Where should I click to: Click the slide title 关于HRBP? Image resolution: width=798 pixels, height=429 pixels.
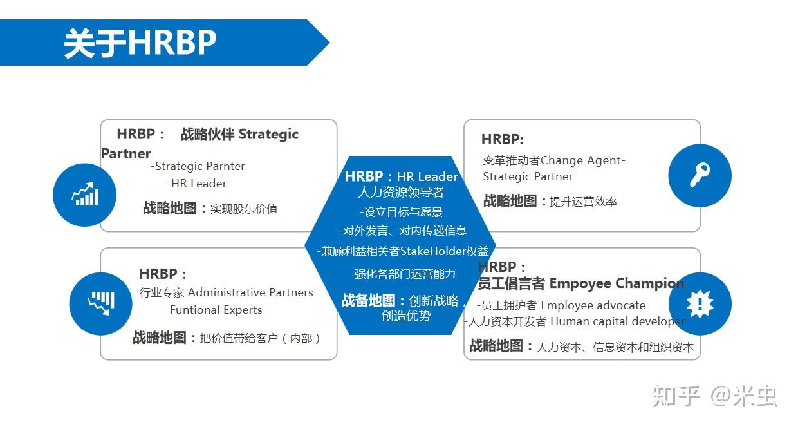coord(140,43)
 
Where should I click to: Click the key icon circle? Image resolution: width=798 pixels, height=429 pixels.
coord(700,175)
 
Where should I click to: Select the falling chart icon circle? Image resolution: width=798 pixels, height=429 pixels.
coord(100,303)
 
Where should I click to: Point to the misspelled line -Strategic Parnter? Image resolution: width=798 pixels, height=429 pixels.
coord(198,166)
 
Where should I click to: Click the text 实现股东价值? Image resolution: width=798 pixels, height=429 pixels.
coord(244,209)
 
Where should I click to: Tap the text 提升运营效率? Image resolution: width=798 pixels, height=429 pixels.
coord(583,202)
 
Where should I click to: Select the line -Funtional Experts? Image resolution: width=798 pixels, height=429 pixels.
coord(214,310)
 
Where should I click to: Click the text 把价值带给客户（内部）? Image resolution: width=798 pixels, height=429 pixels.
coord(260,338)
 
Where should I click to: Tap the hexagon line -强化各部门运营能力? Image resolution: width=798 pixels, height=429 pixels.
coord(403,274)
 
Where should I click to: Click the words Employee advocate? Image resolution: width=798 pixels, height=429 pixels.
coord(593,305)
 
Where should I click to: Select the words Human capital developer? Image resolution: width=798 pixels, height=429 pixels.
coord(617,321)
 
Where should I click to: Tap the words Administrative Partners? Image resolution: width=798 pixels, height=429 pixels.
coord(250,292)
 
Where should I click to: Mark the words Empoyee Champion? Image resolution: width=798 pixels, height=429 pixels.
coord(617,283)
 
